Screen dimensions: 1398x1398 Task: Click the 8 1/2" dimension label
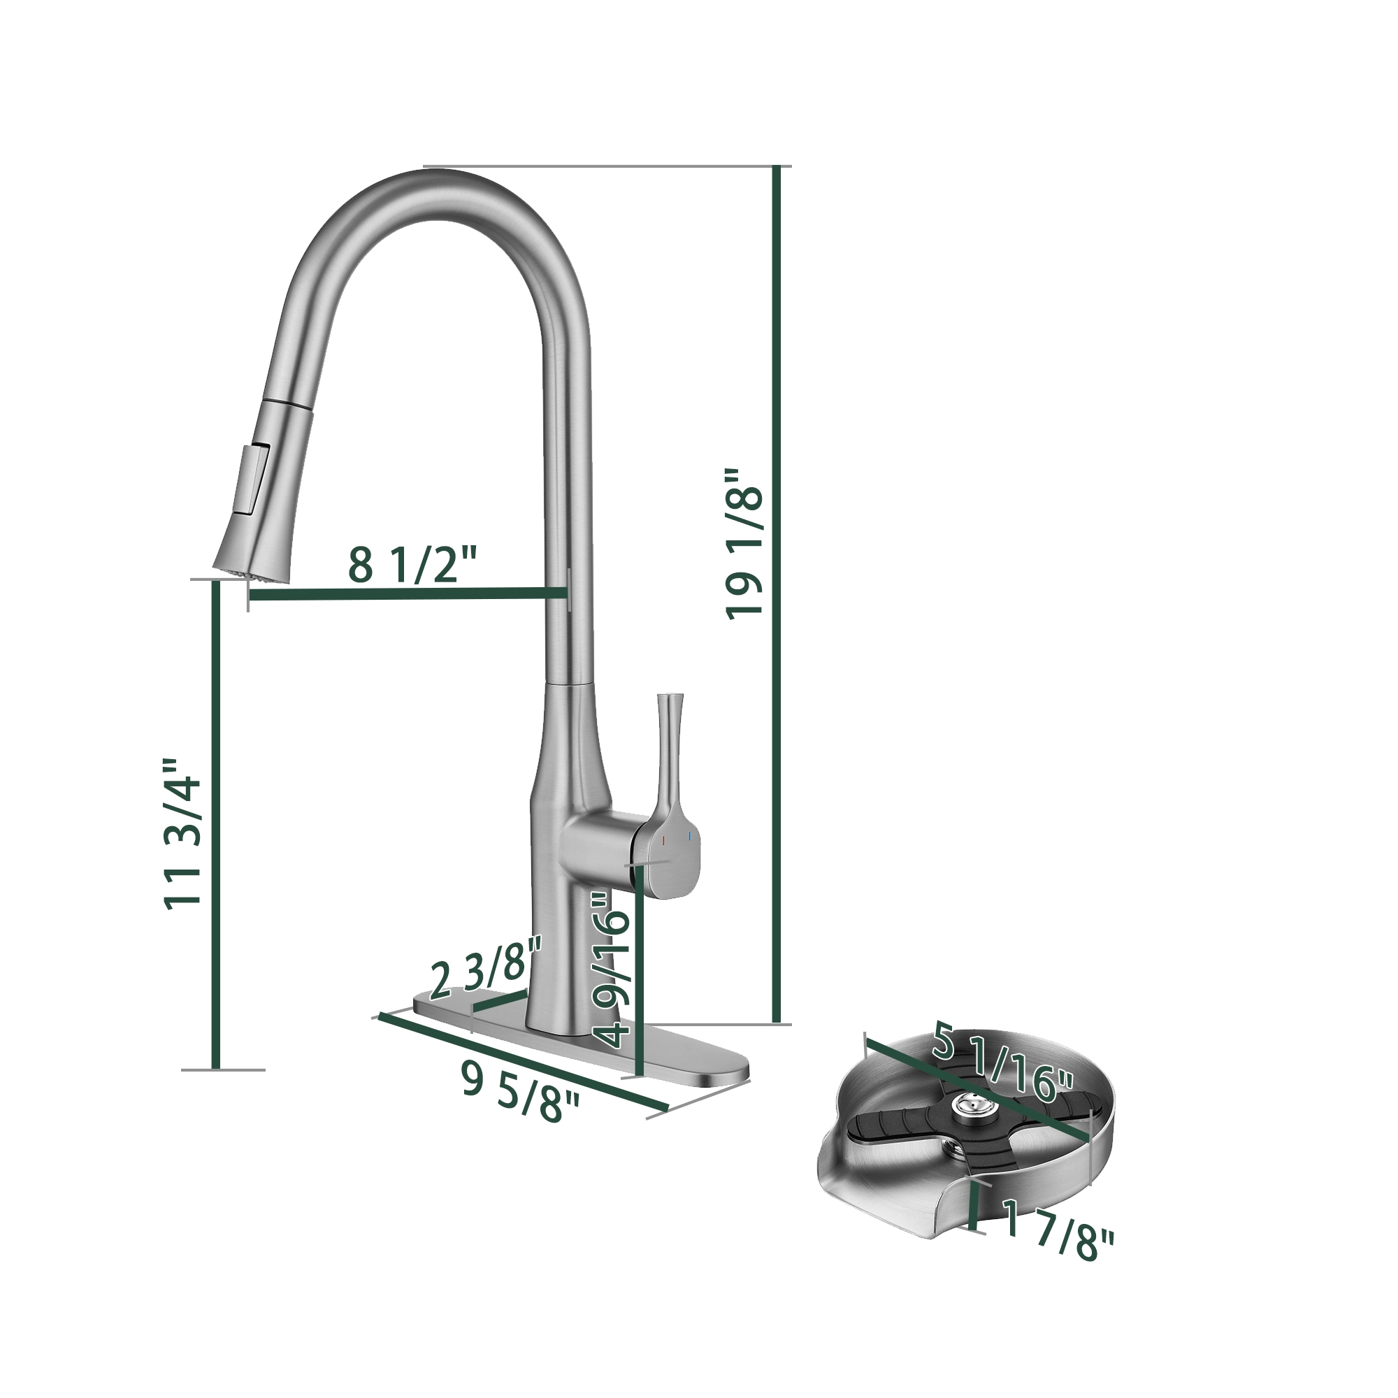413,565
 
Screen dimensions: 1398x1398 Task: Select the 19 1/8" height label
744,542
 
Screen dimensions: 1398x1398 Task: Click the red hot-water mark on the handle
663,841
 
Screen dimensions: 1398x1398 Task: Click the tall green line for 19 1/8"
777,593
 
